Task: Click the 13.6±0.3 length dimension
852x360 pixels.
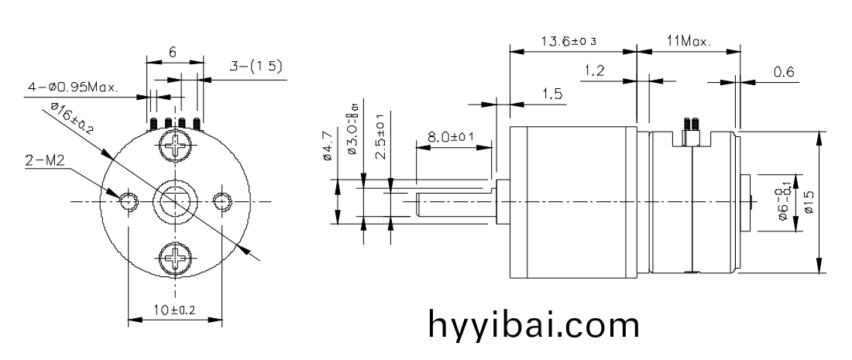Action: (572, 41)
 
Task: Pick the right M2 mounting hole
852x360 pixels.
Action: (222, 201)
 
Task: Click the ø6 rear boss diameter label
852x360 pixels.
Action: (784, 203)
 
